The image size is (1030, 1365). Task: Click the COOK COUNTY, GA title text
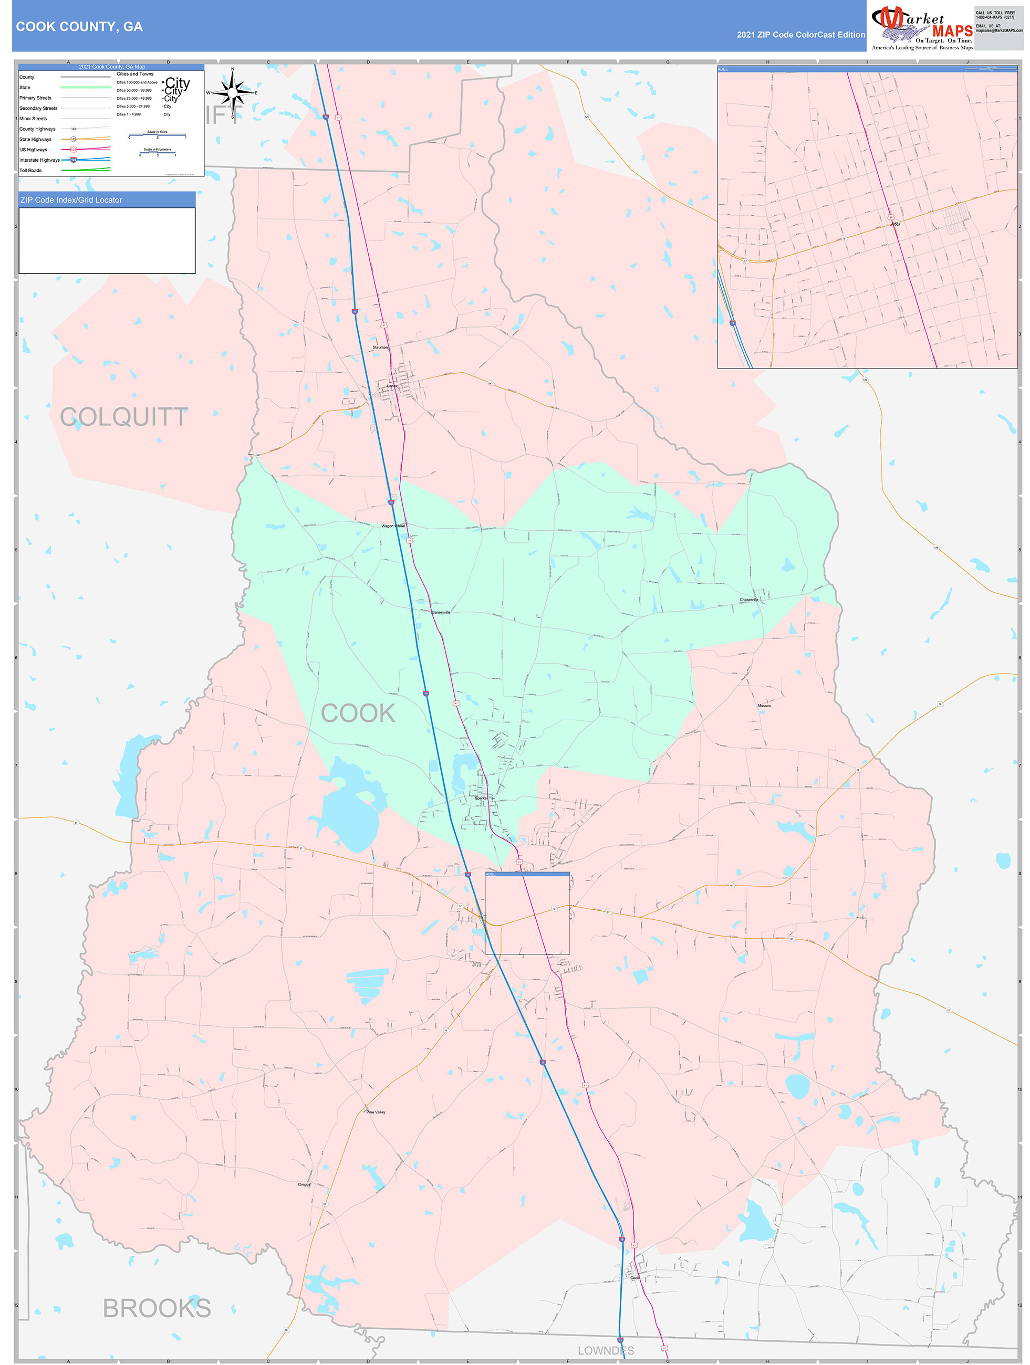click(x=79, y=27)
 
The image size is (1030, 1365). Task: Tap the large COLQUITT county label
click(x=123, y=417)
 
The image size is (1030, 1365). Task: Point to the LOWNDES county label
click(x=605, y=1350)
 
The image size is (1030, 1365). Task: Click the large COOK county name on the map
click(x=358, y=713)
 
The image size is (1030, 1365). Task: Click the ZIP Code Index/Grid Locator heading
click(x=71, y=200)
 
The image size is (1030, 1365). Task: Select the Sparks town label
click(x=481, y=798)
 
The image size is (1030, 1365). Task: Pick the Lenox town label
click(x=392, y=386)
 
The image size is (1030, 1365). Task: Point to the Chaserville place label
click(x=748, y=599)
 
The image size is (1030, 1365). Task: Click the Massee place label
click(x=764, y=705)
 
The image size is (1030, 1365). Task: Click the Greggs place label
click(x=304, y=1184)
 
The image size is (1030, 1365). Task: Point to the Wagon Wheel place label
click(x=393, y=526)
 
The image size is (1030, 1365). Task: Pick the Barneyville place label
click(x=441, y=612)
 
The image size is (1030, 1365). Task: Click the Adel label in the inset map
click(x=895, y=224)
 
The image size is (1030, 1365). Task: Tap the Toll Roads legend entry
click(x=30, y=170)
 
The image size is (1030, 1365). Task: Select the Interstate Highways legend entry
click(x=39, y=160)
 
